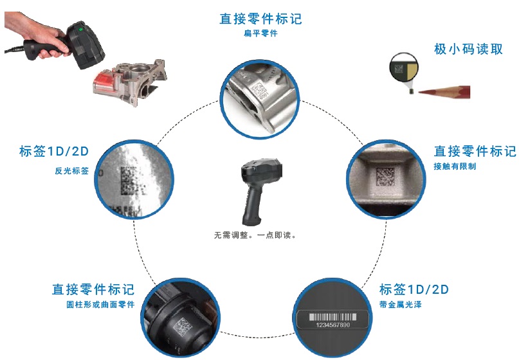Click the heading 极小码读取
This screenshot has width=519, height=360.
tap(468, 50)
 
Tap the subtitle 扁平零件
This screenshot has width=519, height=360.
tap(261, 33)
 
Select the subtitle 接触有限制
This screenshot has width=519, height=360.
tap(455, 166)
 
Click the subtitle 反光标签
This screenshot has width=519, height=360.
tap(72, 171)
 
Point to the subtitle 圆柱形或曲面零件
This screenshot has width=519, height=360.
tap(100, 304)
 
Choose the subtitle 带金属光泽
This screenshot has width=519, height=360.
tap(401, 304)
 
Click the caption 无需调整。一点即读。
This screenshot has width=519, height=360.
tap(255, 235)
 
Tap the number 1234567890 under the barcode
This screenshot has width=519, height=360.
tap(332, 325)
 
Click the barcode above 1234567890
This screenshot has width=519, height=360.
tap(332, 317)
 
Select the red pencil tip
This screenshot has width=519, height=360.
tap(421, 92)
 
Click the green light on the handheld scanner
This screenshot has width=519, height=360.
tap(80, 30)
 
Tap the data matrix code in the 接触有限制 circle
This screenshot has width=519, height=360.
tap(386, 176)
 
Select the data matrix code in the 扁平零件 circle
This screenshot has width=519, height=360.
tap(259, 89)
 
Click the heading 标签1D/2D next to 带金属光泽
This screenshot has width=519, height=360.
tap(414, 289)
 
